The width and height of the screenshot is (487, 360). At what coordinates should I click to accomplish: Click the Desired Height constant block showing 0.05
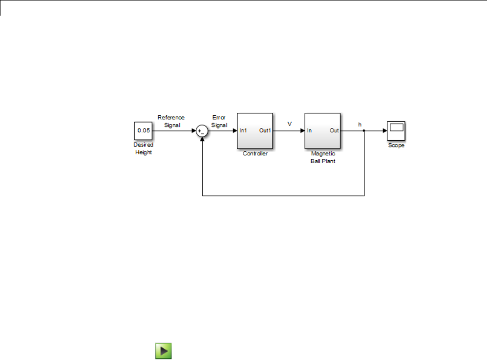[x=143, y=131]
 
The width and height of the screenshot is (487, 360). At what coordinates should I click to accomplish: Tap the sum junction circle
[x=202, y=131]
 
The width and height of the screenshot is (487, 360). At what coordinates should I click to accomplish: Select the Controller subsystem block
[x=255, y=131]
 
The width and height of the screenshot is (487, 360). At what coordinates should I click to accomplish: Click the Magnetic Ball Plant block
[x=322, y=131]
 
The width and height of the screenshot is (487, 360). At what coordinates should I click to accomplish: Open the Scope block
[x=396, y=131]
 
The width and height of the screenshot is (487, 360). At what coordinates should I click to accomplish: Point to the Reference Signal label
[x=171, y=121]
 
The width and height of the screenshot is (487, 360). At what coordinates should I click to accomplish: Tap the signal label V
[x=289, y=124]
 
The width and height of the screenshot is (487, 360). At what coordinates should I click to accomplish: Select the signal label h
[x=360, y=125]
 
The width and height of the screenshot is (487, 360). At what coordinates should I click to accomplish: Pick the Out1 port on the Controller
[x=265, y=131]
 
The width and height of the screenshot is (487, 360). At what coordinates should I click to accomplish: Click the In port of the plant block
[x=310, y=131]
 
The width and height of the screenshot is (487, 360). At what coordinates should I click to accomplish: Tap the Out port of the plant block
[x=334, y=131]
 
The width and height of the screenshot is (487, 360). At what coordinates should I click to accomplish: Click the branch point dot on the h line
[x=364, y=131]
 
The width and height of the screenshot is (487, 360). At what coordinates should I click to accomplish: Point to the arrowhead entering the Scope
[x=384, y=131]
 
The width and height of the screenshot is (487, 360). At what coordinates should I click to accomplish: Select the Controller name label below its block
[x=255, y=154]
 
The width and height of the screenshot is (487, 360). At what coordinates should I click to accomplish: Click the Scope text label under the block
[x=396, y=146]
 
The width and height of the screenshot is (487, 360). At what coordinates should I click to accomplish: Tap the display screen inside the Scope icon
[x=396, y=128]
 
